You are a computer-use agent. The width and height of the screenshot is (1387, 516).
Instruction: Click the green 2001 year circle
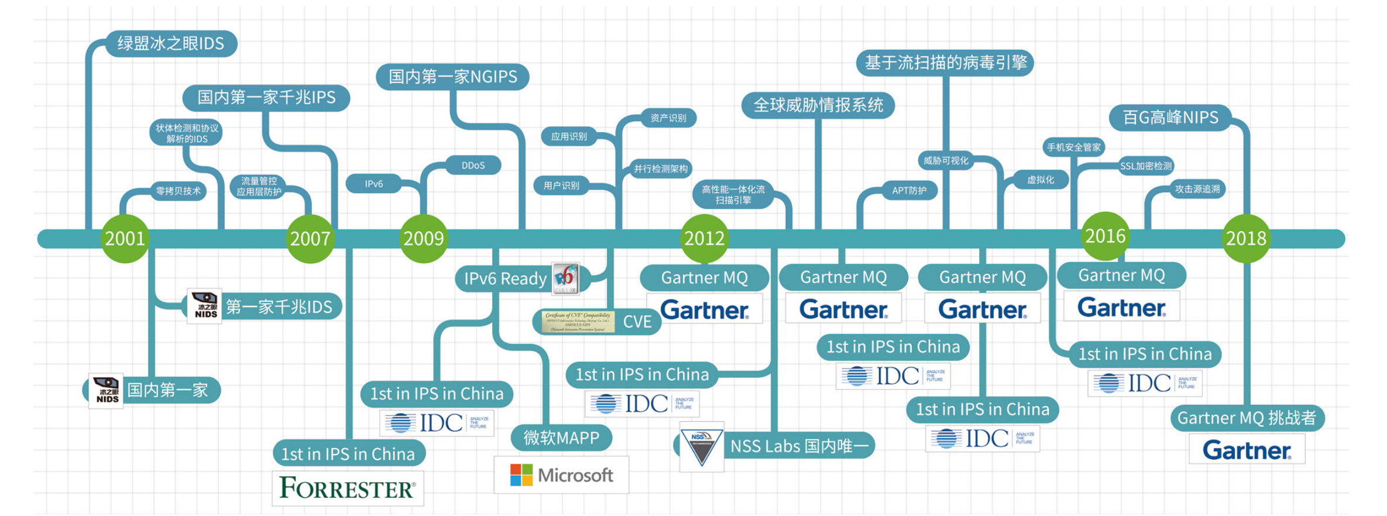click(125, 239)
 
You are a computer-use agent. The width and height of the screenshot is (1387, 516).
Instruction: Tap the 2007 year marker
click(310, 239)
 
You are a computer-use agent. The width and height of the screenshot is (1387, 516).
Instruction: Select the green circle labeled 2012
click(705, 239)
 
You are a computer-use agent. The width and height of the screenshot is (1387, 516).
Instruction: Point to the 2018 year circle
click(1246, 239)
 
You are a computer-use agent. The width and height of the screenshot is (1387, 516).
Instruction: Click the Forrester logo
click(348, 488)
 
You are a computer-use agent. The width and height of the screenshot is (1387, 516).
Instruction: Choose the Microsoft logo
click(561, 475)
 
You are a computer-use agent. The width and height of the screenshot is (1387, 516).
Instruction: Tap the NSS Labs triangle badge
click(702, 447)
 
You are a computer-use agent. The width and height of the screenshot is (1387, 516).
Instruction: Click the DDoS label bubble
click(473, 166)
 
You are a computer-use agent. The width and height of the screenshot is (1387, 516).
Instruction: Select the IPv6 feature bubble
click(374, 184)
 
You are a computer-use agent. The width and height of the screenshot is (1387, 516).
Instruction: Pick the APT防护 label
click(909, 190)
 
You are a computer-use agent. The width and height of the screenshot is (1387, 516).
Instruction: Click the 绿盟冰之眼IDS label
click(171, 44)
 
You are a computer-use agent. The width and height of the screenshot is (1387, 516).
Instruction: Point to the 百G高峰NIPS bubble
click(1170, 118)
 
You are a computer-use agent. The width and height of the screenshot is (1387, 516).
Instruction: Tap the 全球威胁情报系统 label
click(818, 105)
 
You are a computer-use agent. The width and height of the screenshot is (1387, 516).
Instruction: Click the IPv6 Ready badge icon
click(565, 278)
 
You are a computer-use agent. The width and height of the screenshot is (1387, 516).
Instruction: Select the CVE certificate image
click(578, 322)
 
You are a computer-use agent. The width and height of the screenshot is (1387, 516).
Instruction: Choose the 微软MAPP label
click(561, 438)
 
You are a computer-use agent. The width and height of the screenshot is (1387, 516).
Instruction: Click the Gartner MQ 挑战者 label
click(1247, 418)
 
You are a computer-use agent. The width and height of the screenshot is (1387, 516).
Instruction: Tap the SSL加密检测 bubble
click(1146, 166)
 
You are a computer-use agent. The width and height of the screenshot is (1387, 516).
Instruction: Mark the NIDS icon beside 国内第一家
click(107, 391)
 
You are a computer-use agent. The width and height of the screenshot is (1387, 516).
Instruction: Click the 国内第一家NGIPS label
click(452, 77)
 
